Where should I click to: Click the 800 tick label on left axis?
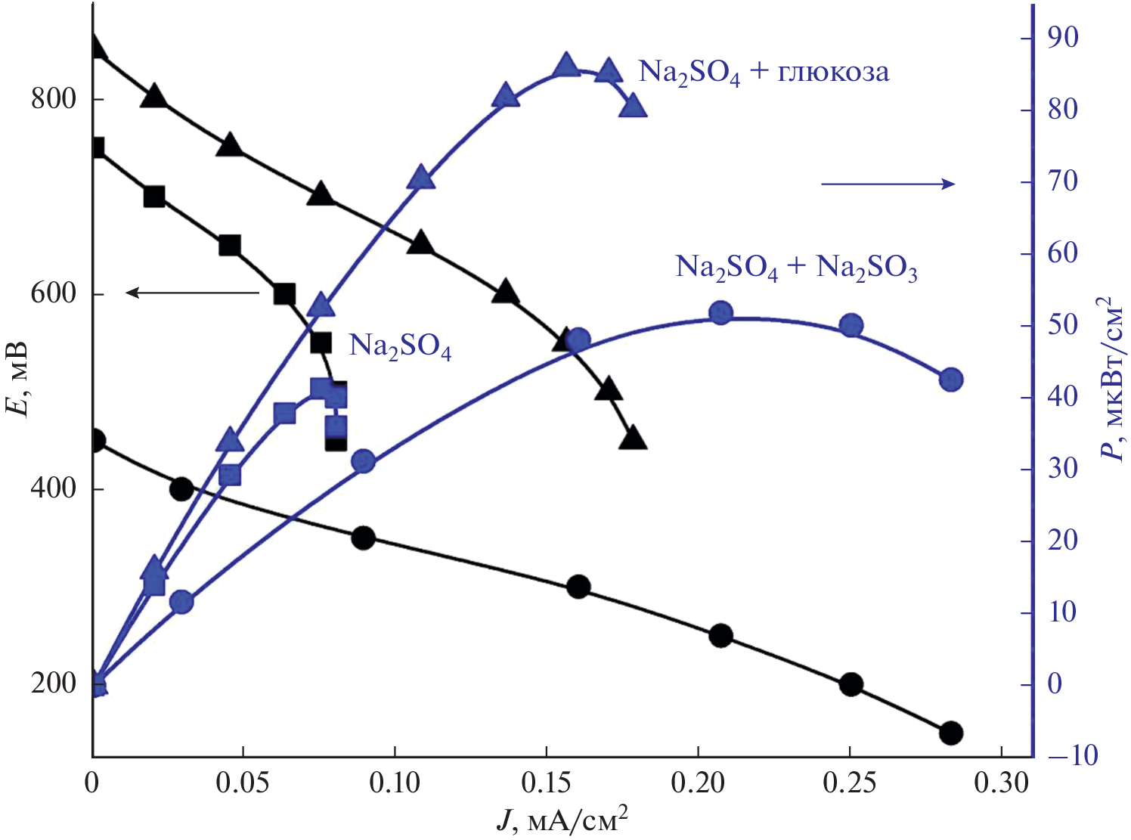(54, 98)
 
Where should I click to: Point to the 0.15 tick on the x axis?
(547, 782)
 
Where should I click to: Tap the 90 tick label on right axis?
(1063, 38)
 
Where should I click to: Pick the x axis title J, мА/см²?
(562, 820)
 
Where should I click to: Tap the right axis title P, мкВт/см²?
(1110, 378)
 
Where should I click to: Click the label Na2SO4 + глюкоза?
(764, 73)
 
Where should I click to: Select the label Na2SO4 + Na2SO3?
(796, 268)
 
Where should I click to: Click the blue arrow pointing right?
(888, 184)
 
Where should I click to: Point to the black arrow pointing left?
(192, 293)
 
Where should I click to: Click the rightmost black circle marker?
(951, 733)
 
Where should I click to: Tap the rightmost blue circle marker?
(951, 380)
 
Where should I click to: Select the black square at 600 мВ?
(284, 294)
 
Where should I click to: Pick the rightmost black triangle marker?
(633, 439)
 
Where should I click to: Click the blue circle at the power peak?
(721, 313)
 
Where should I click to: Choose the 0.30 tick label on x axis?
(1001, 782)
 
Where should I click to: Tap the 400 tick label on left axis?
(54, 488)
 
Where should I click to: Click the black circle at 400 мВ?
(181, 488)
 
